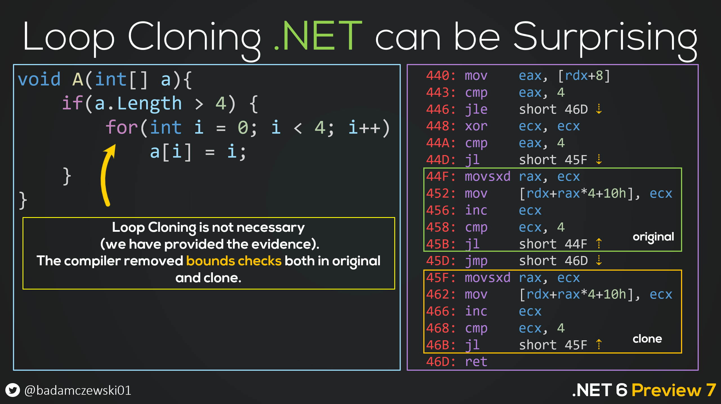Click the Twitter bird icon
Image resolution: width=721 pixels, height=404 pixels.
pos(13,390)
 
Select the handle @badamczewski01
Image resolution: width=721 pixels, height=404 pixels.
pos(78,390)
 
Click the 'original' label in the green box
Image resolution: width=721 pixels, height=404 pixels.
pos(653,237)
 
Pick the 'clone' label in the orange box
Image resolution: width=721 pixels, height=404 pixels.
pos(647,339)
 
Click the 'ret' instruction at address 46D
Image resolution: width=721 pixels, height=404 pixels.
pos(476,362)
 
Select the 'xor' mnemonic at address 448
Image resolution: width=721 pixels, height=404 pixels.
pos(476,126)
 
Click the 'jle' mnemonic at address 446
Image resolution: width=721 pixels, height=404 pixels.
pos(476,109)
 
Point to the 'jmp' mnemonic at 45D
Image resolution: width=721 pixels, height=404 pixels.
pos(476,261)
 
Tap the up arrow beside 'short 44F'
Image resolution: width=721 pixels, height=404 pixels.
pos(599,244)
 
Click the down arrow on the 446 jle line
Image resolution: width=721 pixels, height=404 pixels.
pos(599,109)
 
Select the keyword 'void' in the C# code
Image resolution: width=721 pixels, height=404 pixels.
pos(39,79)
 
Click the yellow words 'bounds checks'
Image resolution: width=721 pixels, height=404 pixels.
pos(234,261)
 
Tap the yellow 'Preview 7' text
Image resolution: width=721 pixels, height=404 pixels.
pos(673,390)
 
